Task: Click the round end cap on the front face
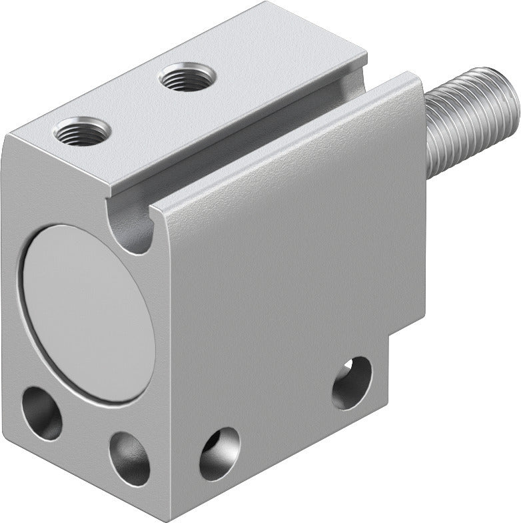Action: pyautogui.click(x=86, y=312)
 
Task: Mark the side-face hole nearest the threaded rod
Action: pyautogui.click(x=352, y=382)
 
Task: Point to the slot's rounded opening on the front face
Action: pyautogui.click(x=136, y=230)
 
